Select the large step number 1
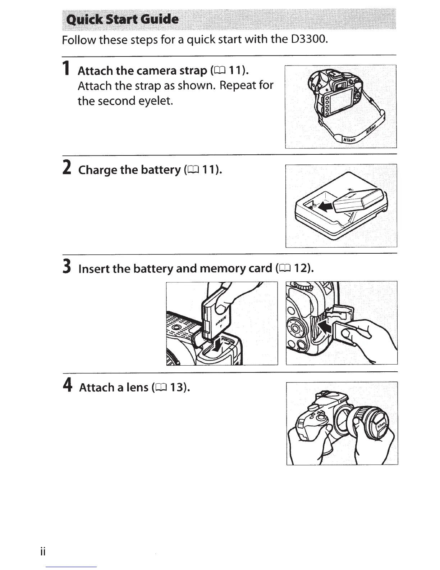coord(66,68)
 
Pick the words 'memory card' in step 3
coord(236,268)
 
